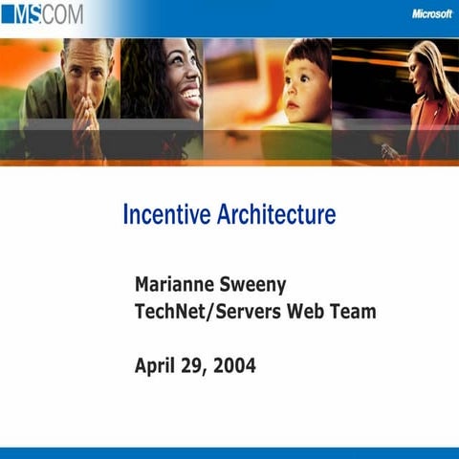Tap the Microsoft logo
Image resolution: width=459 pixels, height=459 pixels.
tap(431, 13)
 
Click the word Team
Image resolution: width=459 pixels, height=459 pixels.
tap(353, 311)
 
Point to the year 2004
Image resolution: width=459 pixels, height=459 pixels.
tap(235, 364)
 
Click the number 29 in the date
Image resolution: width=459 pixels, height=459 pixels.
tap(194, 364)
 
